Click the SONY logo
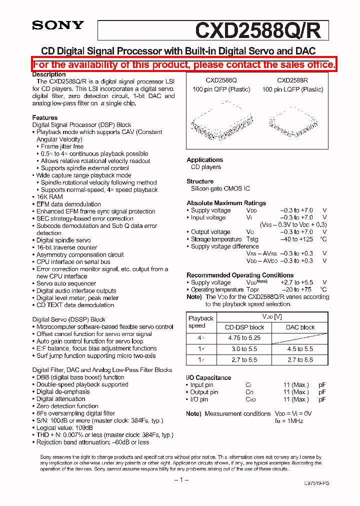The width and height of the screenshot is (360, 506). coord(58,25)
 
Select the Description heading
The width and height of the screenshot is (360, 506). coord(49,74)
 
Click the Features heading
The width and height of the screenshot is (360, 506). coord(45,117)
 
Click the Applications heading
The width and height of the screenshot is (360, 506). coord(204,160)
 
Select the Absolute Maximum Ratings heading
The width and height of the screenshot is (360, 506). coord(226,203)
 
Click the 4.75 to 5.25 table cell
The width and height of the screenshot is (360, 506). coord(244,338)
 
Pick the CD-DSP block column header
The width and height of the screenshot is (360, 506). coord(244,327)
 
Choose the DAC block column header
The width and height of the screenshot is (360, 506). coord(300,327)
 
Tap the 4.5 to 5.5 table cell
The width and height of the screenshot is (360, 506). coord(300,349)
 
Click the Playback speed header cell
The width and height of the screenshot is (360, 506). coord(200,322)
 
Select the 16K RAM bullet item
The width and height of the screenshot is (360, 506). coord(49,197)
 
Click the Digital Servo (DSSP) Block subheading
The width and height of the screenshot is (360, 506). coord(69,319)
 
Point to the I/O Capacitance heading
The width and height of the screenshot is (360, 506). coord(208,377)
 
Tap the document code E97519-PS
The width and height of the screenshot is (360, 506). coord(316,483)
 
